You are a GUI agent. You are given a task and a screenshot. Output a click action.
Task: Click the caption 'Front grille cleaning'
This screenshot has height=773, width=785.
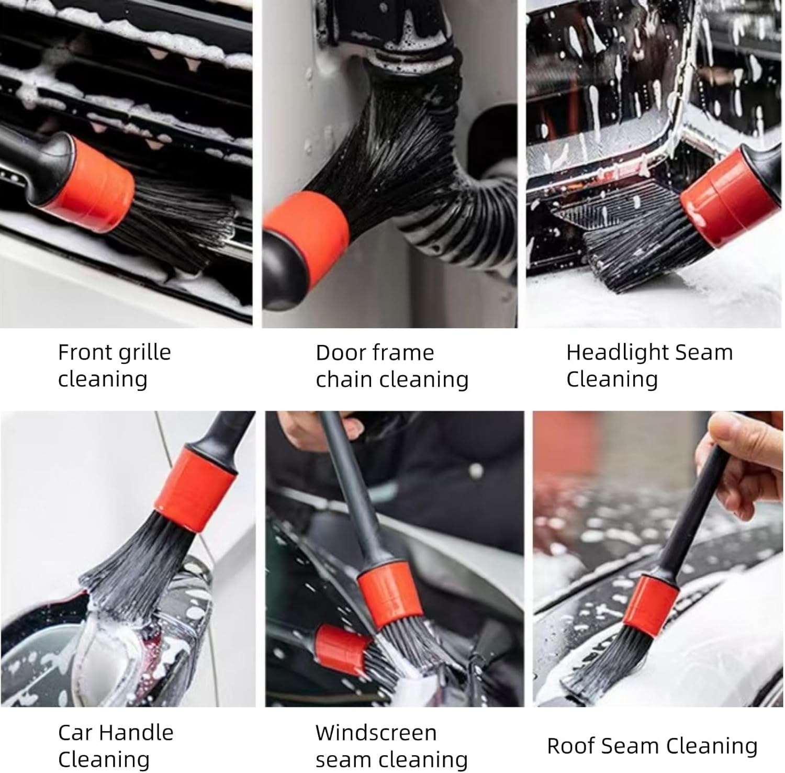114,366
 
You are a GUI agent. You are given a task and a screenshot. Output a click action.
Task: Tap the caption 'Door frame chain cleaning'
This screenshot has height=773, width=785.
391,366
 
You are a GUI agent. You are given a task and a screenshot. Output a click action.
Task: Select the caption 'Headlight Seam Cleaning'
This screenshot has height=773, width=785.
649,366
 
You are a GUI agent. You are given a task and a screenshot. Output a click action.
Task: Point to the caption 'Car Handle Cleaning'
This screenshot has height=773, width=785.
115,745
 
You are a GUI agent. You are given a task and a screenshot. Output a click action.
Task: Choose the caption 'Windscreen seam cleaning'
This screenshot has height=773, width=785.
391,745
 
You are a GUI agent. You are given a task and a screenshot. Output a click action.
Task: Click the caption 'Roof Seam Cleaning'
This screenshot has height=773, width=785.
652,745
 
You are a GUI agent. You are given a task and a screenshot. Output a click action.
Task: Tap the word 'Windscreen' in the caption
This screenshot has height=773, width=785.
376,733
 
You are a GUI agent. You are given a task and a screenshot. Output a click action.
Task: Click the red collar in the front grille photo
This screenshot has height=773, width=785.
89,186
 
